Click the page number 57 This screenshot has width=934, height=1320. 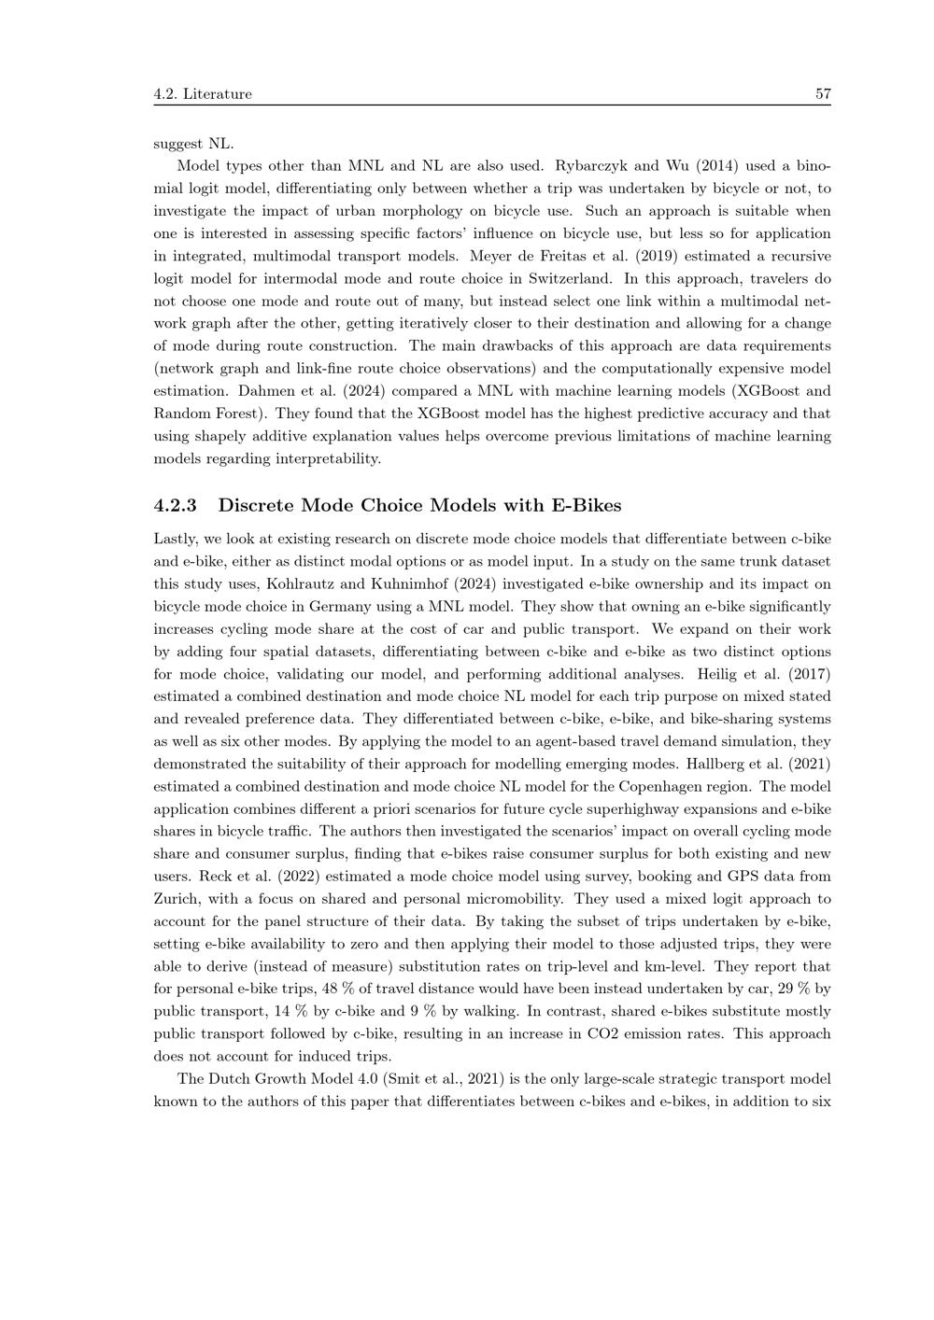(x=823, y=93)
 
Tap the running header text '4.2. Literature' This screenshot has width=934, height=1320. (x=203, y=93)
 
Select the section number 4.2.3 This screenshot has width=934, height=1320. (x=175, y=505)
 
